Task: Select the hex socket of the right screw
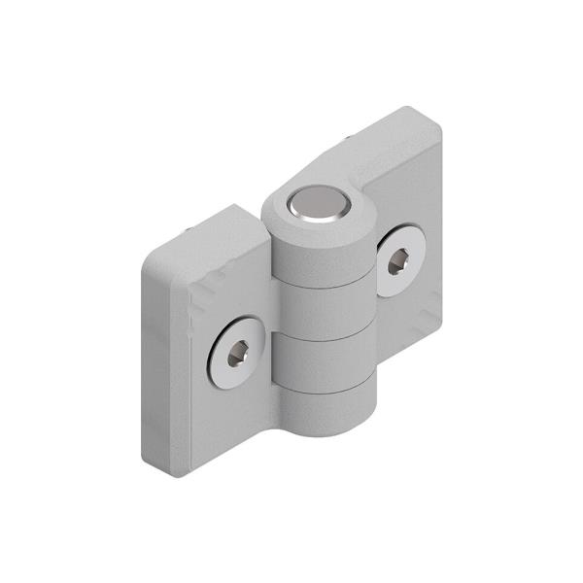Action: [x=399, y=260]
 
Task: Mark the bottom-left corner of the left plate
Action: [x=175, y=473]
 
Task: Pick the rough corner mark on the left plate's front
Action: [x=207, y=291]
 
